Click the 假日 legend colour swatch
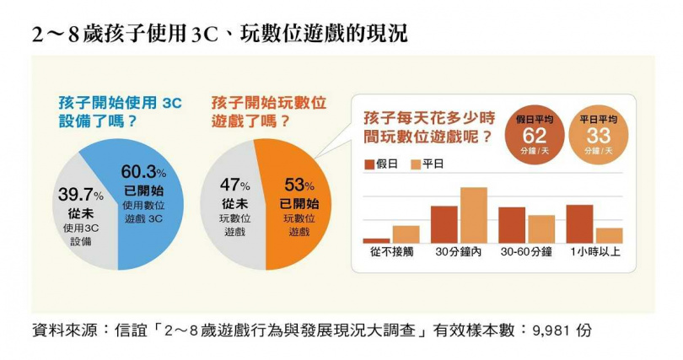pyautogui.click(x=368, y=164)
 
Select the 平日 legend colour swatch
pyautogui.click(x=415, y=164)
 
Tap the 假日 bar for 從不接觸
pyautogui.click(x=376, y=240)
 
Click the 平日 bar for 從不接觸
pyautogui.click(x=406, y=234)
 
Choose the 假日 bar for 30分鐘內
pyautogui.click(x=444, y=224)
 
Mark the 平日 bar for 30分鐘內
pyautogui.click(x=473, y=215)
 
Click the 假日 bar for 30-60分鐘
pyautogui.click(x=512, y=225)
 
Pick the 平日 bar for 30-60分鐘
pyautogui.click(x=541, y=228)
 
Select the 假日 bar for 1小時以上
pyautogui.click(x=579, y=223)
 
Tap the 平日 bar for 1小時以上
pyautogui.click(x=609, y=235)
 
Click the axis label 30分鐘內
pyautogui.click(x=459, y=252)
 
